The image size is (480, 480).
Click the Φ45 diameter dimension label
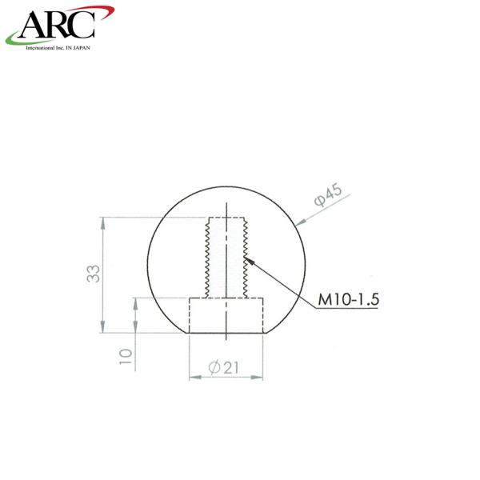point(328,194)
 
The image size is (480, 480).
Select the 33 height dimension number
point(94,274)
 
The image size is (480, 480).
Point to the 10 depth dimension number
point(126,356)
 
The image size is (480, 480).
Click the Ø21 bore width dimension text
point(223,367)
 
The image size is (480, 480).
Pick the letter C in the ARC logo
point(83,25)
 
